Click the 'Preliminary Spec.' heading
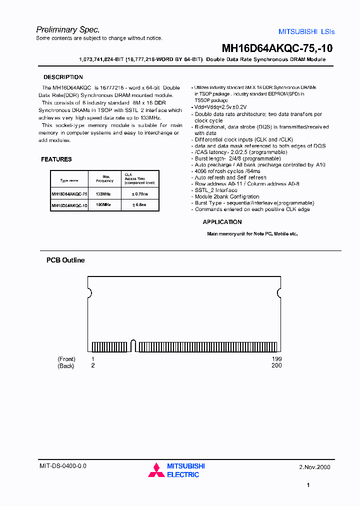(68, 29)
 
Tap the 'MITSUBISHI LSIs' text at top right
(306, 31)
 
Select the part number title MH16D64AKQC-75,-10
(277, 48)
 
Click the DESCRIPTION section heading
(63, 77)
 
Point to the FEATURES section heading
(56, 159)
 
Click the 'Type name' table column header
(69, 180)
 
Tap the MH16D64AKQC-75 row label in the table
(69, 193)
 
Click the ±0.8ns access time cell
(139, 205)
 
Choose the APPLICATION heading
(222, 222)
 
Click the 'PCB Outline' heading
(65, 260)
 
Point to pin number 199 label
(276, 359)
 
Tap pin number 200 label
(276, 365)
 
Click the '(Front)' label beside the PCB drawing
(66, 359)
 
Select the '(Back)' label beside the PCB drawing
(66, 365)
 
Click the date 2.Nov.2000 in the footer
(314, 467)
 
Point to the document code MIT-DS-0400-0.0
(62, 465)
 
